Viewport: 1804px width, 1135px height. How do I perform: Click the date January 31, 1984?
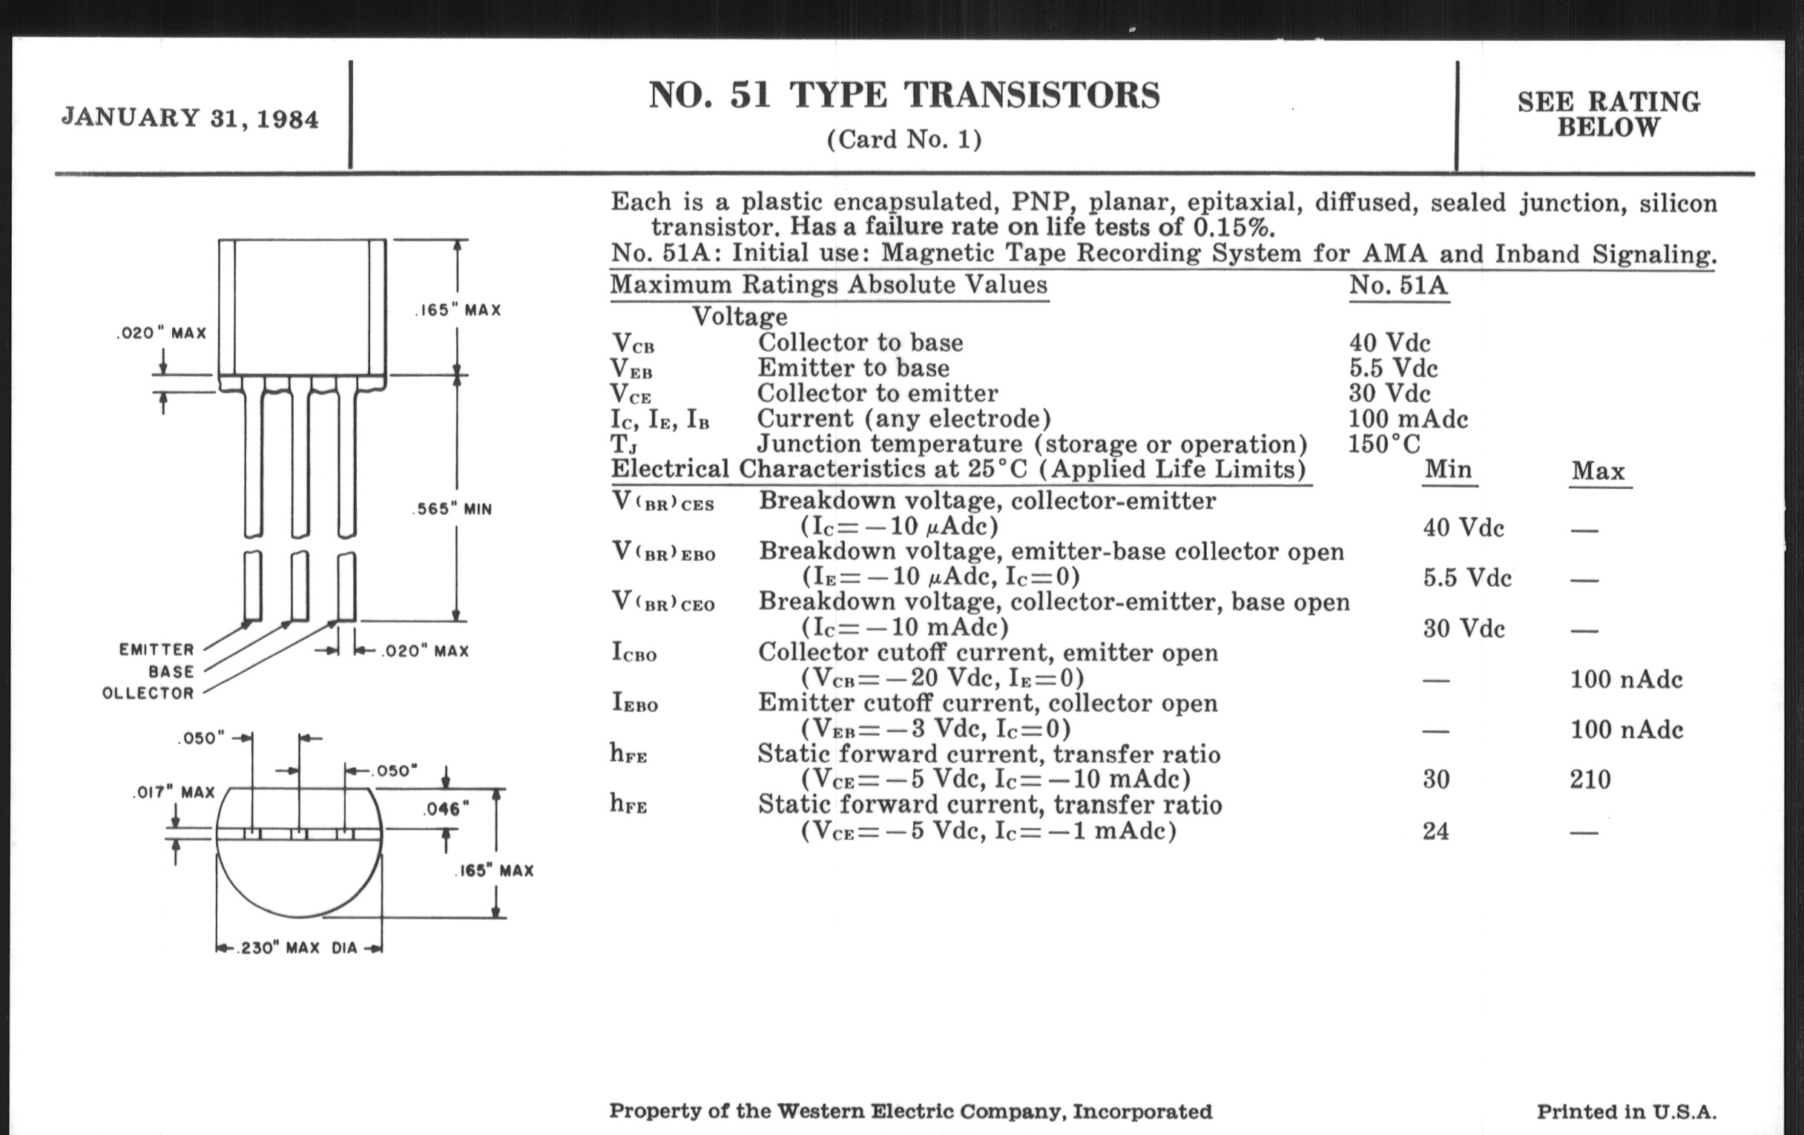tap(191, 119)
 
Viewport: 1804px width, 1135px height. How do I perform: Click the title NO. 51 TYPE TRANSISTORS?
tap(903, 96)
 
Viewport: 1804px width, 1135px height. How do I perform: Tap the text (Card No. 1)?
tap(903, 139)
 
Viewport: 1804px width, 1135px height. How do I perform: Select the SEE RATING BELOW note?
tap(1608, 115)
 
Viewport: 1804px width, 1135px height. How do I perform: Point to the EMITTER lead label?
tap(157, 650)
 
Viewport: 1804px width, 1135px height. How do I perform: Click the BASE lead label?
tap(171, 671)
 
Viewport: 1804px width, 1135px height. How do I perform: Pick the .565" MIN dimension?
tap(452, 510)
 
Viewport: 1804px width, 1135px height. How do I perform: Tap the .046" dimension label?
tap(446, 809)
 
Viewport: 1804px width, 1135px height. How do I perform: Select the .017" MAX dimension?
tap(174, 792)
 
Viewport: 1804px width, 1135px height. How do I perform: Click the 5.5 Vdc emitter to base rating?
tap(1393, 369)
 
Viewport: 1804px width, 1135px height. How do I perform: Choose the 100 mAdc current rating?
tap(1408, 419)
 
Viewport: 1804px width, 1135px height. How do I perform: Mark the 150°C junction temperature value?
tap(1383, 444)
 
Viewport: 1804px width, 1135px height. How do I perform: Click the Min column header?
tap(1447, 470)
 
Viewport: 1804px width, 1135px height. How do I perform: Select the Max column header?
tap(1598, 471)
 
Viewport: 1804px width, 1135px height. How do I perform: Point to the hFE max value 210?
tap(1590, 780)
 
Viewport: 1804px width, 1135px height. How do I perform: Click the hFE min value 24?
tap(1435, 831)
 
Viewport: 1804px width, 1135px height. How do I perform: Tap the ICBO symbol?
tap(633, 653)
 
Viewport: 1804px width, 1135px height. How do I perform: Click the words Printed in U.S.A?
tap(1627, 1111)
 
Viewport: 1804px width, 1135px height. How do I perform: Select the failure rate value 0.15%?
tap(1233, 227)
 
